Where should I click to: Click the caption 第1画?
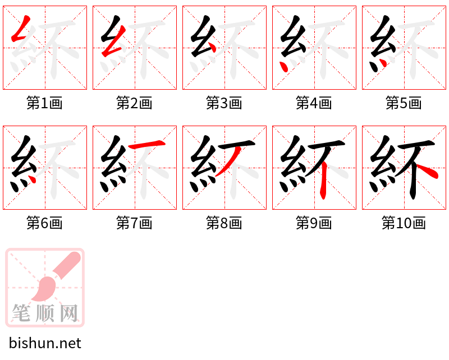tap(44, 103)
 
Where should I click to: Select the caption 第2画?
tap(134, 103)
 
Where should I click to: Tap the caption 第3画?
tap(224, 103)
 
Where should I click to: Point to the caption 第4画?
tap(314, 103)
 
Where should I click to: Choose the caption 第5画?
tap(404, 103)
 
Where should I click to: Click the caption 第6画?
tap(44, 223)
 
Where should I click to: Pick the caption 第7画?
tap(134, 223)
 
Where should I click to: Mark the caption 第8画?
tap(224, 223)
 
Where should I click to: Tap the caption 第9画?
tap(314, 223)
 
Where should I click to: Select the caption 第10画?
tap(404, 223)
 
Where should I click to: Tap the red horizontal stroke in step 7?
tap(148, 146)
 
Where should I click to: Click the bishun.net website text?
tap(45, 343)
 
